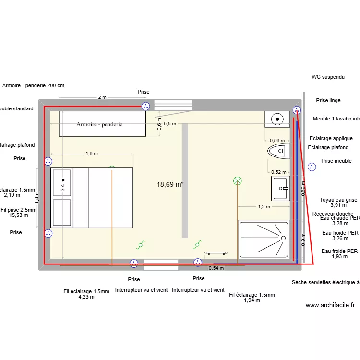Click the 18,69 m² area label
(x=170, y=184)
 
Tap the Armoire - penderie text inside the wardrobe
(x=99, y=124)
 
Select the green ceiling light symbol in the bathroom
(x=237, y=180)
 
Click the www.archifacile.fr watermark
(x=330, y=305)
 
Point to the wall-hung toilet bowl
(x=279, y=151)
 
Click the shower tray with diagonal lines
(x=264, y=240)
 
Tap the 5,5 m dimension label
(x=170, y=123)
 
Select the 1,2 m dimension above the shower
(x=264, y=207)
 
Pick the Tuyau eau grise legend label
(x=338, y=200)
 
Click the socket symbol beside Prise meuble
(x=312, y=167)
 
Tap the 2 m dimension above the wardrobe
(x=102, y=97)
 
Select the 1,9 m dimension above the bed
(x=92, y=154)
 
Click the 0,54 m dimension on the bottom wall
(x=216, y=268)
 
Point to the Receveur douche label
(x=333, y=214)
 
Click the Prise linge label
(x=328, y=100)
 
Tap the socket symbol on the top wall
(x=145, y=106)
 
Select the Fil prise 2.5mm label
(x=18, y=210)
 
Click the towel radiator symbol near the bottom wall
(x=216, y=252)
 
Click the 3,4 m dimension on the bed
(x=62, y=184)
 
